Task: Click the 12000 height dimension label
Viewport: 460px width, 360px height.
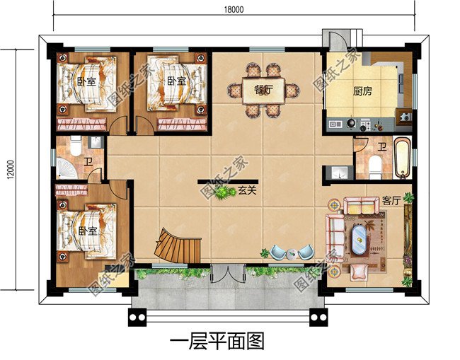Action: tap(8, 169)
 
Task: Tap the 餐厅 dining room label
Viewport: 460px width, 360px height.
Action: tap(263, 89)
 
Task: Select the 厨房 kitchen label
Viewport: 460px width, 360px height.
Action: tap(363, 91)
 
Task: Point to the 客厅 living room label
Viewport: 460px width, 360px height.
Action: tap(391, 200)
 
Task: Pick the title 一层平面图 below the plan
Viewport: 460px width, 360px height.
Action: tap(217, 343)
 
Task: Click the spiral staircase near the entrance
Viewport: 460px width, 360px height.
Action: tap(176, 245)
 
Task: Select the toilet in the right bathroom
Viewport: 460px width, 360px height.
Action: tap(376, 167)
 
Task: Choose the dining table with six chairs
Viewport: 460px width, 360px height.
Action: tap(263, 90)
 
